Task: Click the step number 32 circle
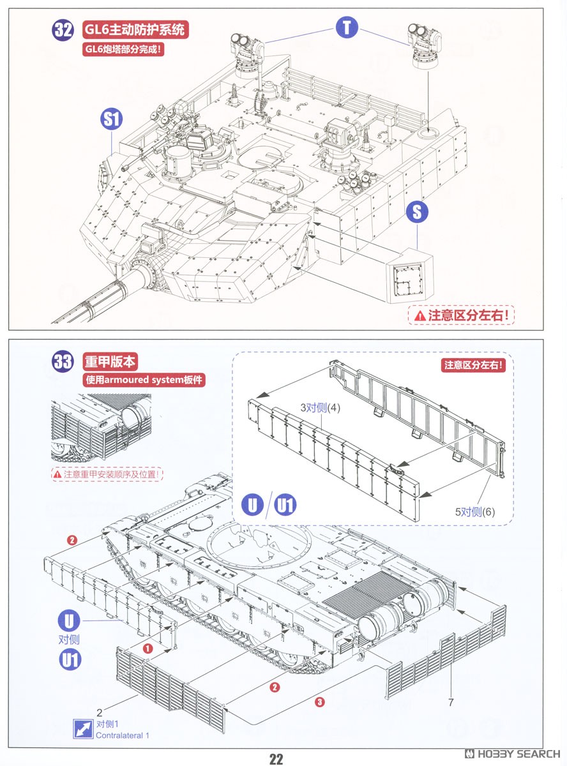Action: tap(64, 30)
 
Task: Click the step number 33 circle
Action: tap(64, 362)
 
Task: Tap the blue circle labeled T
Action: tap(347, 27)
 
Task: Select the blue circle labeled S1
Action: tap(112, 119)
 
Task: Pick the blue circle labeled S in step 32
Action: tap(416, 212)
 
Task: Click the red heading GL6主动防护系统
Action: tap(136, 29)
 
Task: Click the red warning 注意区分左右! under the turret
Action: tap(463, 315)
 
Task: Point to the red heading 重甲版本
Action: tap(110, 361)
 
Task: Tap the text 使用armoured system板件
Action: tap(146, 380)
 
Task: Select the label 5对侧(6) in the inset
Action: tap(475, 511)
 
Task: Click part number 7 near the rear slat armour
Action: tap(450, 703)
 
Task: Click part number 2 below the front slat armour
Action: tap(100, 712)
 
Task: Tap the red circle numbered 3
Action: tap(320, 702)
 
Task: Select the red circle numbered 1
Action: tap(147, 649)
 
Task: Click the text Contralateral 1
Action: tap(123, 735)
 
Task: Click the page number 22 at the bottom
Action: tap(276, 758)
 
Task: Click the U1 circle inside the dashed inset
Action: tap(285, 506)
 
